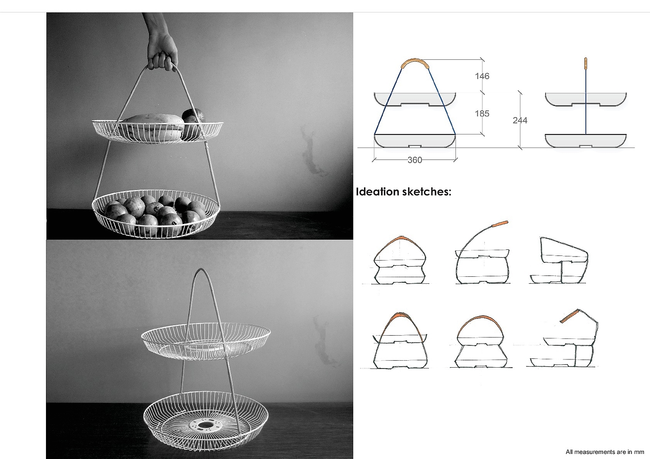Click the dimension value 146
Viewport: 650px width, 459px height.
coord(482,76)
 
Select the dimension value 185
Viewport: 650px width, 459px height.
coord(482,113)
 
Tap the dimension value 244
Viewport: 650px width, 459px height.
coord(520,120)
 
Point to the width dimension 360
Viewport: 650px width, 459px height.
coord(415,160)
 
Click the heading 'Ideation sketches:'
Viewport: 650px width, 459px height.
coord(403,191)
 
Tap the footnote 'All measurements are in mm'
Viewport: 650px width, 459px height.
coord(604,452)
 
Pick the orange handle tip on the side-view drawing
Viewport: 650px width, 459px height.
coord(585,64)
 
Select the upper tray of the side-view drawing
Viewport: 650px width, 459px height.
coord(585,99)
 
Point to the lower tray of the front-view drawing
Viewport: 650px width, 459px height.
coord(415,141)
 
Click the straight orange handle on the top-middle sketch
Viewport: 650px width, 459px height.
coord(500,224)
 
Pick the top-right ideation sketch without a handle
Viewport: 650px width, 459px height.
coord(559,260)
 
